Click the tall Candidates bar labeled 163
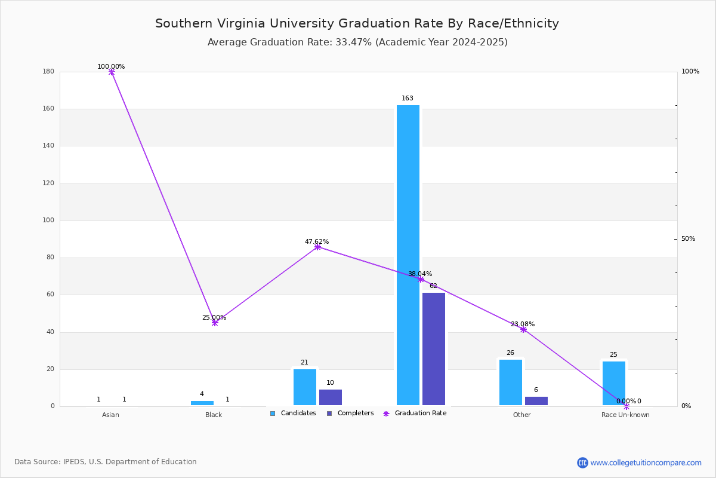pyautogui.click(x=408, y=255)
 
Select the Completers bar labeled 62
pyautogui.click(x=433, y=349)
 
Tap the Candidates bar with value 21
pyautogui.click(x=305, y=387)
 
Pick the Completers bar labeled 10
pyautogui.click(x=330, y=397)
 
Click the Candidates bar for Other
pyautogui.click(x=511, y=382)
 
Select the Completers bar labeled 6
pyautogui.click(x=536, y=401)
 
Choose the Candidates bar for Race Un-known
pyautogui.click(x=614, y=383)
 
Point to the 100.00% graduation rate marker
pyautogui.click(x=112, y=72)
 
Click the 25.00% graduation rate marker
pyautogui.click(x=215, y=323)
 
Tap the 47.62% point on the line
pyautogui.click(x=317, y=247)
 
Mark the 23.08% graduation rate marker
pyautogui.click(x=523, y=329)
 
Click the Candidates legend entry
pyautogui.click(x=293, y=413)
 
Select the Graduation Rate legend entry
pyautogui.click(x=415, y=413)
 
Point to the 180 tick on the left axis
pyautogui.click(x=48, y=71)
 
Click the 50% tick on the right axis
pyautogui.click(x=688, y=238)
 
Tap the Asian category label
pyautogui.click(x=110, y=415)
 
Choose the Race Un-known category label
pyautogui.click(x=625, y=415)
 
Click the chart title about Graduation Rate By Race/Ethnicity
pyautogui.click(x=357, y=23)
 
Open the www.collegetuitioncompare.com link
pyautogui.click(x=646, y=462)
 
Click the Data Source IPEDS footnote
pyautogui.click(x=106, y=462)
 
